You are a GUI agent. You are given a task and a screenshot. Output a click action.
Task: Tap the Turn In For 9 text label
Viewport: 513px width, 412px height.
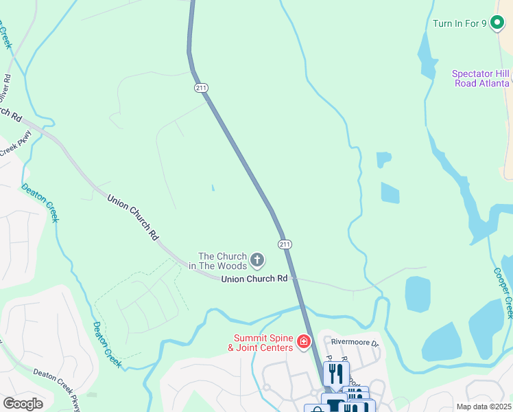point(460,23)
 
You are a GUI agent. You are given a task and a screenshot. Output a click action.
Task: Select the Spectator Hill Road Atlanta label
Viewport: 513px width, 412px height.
point(481,78)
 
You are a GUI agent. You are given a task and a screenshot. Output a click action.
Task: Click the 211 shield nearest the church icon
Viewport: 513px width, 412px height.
point(285,244)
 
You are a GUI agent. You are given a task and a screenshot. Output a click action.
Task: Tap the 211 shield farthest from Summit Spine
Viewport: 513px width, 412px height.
point(201,88)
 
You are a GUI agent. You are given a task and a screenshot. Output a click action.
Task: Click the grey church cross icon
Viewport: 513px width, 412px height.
point(257,260)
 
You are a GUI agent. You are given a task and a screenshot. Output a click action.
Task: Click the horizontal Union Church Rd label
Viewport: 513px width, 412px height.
point(254,279)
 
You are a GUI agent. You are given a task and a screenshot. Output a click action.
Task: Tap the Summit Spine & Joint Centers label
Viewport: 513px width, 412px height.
point(264,342)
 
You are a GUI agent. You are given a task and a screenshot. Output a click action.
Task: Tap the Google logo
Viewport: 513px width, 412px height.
point(23,404)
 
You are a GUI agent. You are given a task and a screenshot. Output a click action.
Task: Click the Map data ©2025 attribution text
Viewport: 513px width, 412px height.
point(484,407)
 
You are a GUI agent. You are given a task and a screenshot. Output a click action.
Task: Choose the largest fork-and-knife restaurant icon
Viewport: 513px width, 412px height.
point(336,374)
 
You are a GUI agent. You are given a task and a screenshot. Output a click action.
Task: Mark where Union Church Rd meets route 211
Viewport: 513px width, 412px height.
point(294,279)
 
